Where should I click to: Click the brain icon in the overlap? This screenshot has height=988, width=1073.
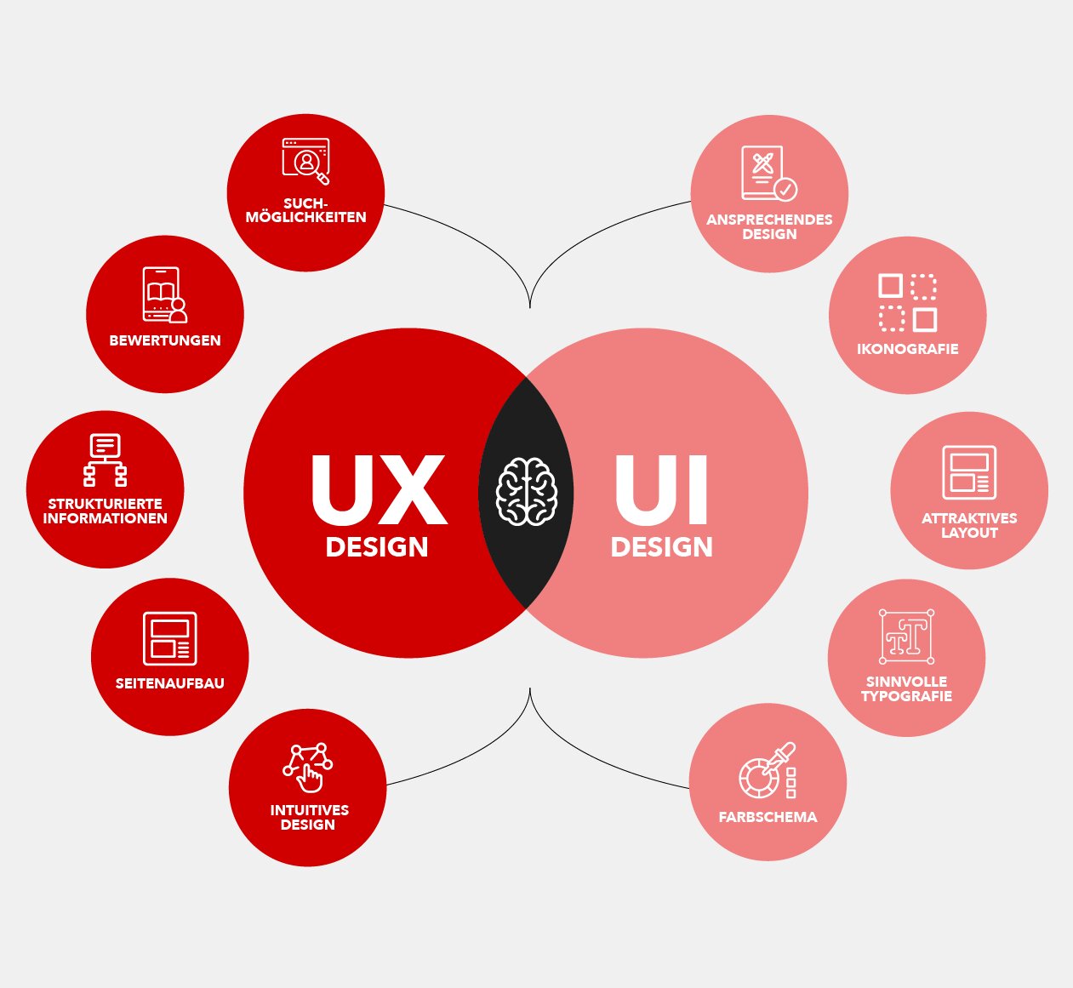tap(527, 492)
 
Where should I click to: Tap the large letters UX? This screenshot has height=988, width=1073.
tap(379, 490)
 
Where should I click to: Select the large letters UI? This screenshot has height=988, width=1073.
tap(662, 490)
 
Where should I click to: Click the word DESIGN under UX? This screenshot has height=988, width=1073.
tap(377, 547)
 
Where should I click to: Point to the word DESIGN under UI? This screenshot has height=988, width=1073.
tap(662, 547)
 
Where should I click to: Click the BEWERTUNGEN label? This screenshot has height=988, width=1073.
tap(165, 340)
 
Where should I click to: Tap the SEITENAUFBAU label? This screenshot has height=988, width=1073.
tap(169, 683)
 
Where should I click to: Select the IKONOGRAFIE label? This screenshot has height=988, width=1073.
tap(907, 349)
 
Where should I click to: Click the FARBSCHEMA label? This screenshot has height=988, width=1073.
tap(768, 817)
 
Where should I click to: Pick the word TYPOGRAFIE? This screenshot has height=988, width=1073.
tap(907, 696)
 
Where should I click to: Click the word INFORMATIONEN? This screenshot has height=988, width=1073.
tap(106, 517)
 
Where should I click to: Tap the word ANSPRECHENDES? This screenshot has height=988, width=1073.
tap(769, 220)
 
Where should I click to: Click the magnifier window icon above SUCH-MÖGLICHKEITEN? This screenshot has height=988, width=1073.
tap(306, 161)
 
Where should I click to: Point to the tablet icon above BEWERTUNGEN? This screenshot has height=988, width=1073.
tap(165, 294)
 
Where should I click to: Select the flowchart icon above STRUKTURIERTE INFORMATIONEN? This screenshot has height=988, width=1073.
tap(106, 460)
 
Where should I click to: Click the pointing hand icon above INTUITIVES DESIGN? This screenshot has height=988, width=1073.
tap(307, 767)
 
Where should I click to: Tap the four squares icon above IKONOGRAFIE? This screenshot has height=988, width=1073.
tap(908, 303)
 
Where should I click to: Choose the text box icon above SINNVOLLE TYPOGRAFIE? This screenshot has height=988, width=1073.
tap(907, 637)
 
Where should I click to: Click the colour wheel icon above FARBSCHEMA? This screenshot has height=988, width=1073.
tap(768, 770)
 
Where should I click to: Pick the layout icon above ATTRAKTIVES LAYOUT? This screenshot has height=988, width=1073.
tap(969, 472)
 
